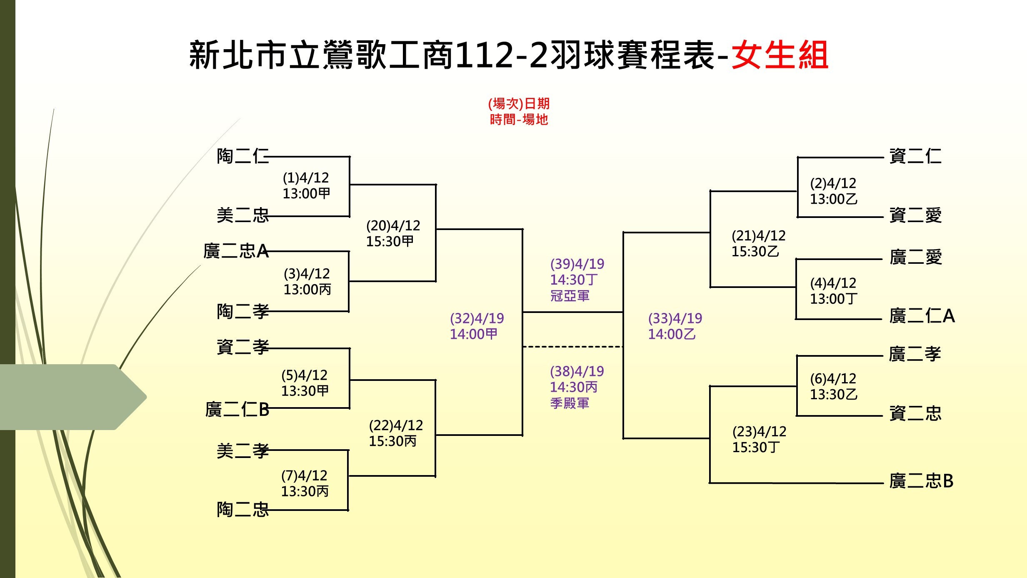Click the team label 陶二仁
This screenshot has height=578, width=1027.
coord(243,156)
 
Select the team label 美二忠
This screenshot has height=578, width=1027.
coord(243,215)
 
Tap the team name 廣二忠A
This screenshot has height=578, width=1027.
coord(236,251)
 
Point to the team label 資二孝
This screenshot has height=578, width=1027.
coord(243,347)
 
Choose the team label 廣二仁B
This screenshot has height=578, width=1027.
coord(237,410)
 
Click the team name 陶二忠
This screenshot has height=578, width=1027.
coord(243,510)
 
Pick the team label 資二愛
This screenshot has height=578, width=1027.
coord(915,215)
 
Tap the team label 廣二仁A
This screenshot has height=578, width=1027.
coord(922,316)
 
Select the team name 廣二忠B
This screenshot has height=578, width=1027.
coord(922,481)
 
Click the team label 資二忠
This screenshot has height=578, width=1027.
coord(915,413)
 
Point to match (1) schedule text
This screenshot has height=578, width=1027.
coord(306,185)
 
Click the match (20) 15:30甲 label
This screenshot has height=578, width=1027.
coord(393,233)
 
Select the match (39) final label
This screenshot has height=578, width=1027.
coord(577,280)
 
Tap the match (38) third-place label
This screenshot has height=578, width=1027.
coord(577,387)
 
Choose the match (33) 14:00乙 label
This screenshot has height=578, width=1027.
coord(675,326)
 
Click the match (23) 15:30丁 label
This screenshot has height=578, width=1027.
coord(759,439)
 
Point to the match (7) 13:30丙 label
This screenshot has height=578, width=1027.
coord(305,483)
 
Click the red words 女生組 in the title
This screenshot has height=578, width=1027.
coord(780,55)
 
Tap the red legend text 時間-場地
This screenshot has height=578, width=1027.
coord(519,120)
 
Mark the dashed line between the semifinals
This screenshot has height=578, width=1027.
coord(573,347)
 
